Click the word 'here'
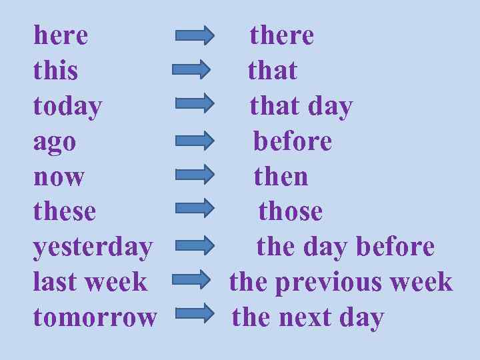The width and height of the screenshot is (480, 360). (61, 35)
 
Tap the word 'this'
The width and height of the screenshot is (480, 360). (55, 70)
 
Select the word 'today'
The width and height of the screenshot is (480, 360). (67, 106)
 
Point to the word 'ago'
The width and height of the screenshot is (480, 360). (55, 142)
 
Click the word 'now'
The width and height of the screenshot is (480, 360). (59, 177)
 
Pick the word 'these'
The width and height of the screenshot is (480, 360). (65, 211)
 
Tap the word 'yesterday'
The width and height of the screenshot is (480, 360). (93, 247)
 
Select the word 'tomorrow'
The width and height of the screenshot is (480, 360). (95, 317)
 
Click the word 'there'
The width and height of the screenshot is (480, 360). (281, 35)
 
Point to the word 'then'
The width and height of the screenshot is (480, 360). (281, 177)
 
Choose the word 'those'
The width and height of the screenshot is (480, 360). (290, 211)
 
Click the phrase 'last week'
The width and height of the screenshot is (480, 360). (89, 282)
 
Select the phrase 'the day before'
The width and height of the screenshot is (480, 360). (345, 247)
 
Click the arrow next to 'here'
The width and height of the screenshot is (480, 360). (195, 35)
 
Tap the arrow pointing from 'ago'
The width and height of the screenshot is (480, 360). (195, 141)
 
